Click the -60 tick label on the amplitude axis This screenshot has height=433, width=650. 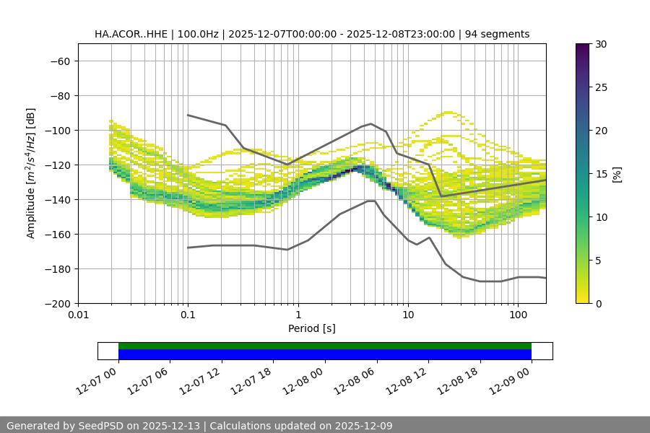click(60, 61)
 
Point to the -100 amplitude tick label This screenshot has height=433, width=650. click(58, 130)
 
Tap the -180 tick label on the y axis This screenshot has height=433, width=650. click(58, 268)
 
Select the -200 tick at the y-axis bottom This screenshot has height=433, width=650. click(58, 303)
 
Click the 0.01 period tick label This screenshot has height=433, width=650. click(78, 315)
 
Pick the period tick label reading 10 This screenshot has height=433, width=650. click(408, 315)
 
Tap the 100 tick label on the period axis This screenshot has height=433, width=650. click(518, 315)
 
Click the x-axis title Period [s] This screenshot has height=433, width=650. click(311, 328)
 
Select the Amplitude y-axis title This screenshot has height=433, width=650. click(31, 173)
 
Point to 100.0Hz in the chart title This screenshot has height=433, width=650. click(198, 34)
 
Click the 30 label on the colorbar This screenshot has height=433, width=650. click(600, 44)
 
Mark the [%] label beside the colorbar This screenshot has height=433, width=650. click(617, 174)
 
